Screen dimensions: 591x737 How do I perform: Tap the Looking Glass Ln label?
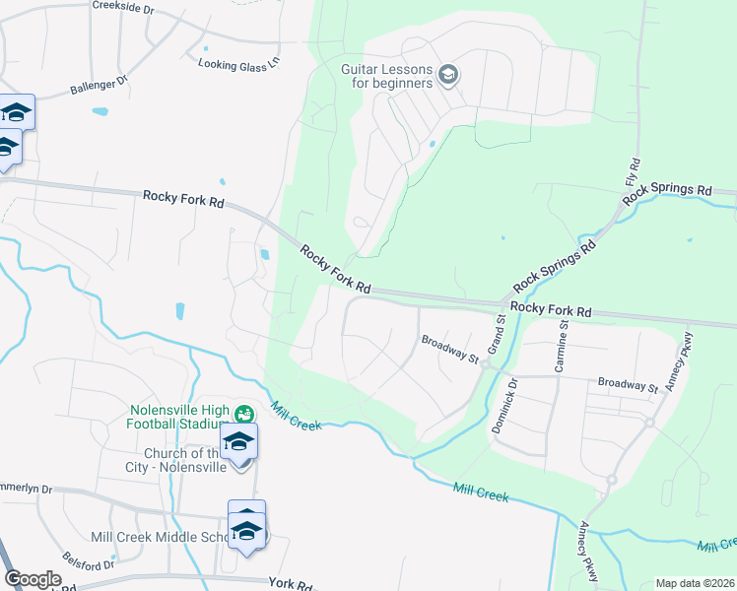click(238, 64)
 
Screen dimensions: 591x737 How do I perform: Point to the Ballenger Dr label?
click(99, 86)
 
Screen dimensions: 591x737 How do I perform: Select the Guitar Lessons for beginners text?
click(387, 76)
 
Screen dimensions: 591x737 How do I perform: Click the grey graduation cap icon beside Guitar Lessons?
click(448, 75)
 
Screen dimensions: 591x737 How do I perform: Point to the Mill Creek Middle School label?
click(158, 537)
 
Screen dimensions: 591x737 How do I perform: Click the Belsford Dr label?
click(89, 560)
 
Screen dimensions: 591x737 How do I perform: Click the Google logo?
click(33, 579)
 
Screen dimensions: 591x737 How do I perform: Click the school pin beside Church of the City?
click(237, 442)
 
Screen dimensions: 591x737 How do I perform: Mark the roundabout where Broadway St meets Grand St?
click(486, 363)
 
